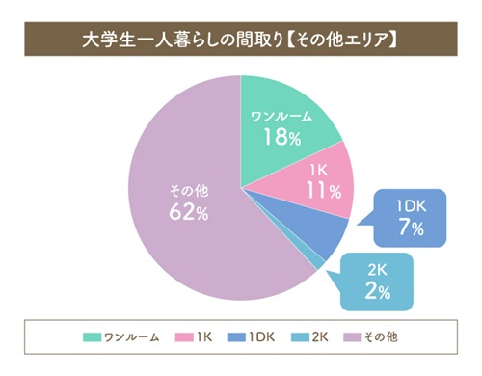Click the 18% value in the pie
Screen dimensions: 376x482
pyautogui.click(x=281, y=136)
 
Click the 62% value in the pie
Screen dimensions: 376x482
pyautogui.click(x=188, y=213)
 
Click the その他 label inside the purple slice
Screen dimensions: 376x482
pyautogui.click(x=188, y=190)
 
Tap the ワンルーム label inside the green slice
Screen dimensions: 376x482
pyautogui.click(x=281, y=117)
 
